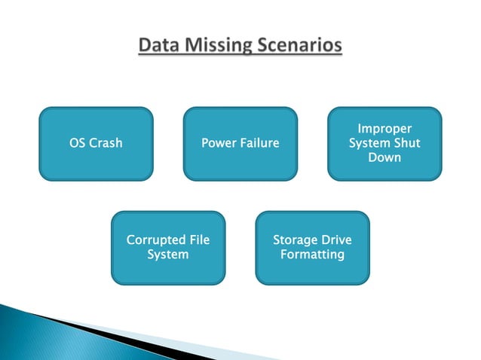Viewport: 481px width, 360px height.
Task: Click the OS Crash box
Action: coord(96,144)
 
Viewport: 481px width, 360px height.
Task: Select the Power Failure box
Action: coord(240,144)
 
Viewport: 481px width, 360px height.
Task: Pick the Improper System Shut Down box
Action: coord(384,144)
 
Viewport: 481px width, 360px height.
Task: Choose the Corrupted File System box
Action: coord(167,248)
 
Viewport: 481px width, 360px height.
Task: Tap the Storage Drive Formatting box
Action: coord(312,248)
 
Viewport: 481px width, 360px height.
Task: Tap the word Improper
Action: coord(384,130)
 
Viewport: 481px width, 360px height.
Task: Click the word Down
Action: coord(384,157)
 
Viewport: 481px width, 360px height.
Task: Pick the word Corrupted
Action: coord(155,240)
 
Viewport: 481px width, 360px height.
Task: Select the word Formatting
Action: coord(312,255)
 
